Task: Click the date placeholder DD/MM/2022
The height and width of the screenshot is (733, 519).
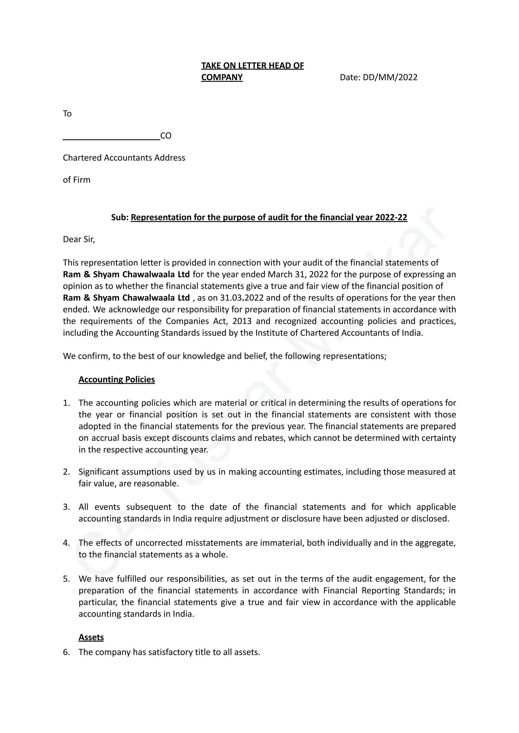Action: [390, 77]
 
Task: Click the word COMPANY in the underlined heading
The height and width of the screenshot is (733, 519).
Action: [222, 77]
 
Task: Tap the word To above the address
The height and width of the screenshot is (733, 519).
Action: [67, 114]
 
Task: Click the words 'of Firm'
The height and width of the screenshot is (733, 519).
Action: [77, 180]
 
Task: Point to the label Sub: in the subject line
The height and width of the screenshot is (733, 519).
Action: [120, 218]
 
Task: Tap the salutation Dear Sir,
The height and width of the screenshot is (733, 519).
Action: [79, 239]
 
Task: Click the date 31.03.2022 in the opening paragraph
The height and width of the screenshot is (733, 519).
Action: [242, 298]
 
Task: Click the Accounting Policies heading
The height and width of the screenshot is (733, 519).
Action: [117, 380]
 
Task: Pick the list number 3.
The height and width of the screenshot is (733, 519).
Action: [66, 507]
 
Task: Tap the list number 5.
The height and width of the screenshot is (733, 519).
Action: [66, 579]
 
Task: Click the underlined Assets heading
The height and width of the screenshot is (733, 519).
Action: [91, 637]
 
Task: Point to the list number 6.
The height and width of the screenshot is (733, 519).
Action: [66, 652]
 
